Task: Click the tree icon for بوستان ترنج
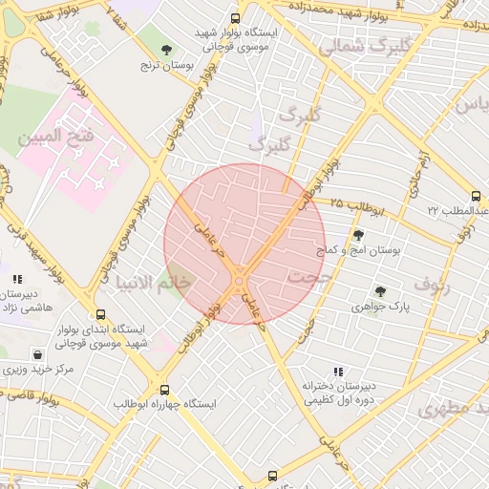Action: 167,49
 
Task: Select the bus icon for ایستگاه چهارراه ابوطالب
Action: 165,390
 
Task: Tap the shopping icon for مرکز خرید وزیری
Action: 36,354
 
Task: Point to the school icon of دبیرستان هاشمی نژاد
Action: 17,280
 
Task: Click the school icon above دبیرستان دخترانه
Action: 337,372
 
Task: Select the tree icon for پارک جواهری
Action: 380,291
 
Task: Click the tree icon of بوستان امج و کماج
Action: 358,235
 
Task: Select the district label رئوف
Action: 429,283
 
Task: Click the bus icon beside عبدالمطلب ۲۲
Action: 477,197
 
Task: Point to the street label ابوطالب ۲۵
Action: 354,204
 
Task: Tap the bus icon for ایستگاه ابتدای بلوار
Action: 101,314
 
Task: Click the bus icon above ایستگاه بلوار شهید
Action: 236,17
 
